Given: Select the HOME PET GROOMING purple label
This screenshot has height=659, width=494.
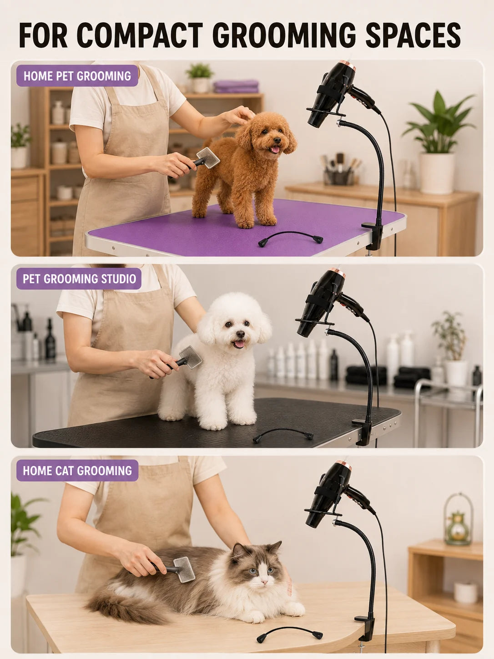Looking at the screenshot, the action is [x=77, y=76].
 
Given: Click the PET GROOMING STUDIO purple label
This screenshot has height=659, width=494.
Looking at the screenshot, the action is [x=79, y=279].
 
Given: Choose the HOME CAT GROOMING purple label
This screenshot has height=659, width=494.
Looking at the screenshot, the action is [x=77, y=471].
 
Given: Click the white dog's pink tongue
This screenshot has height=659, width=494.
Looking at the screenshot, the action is [x=239, y=344].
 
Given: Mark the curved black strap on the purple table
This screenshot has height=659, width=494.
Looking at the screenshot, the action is [x=290, y=238].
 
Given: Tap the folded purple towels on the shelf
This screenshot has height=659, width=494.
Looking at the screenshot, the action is [x=236, y=86].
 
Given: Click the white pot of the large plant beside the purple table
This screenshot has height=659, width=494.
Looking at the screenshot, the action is [x=437, y=173].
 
